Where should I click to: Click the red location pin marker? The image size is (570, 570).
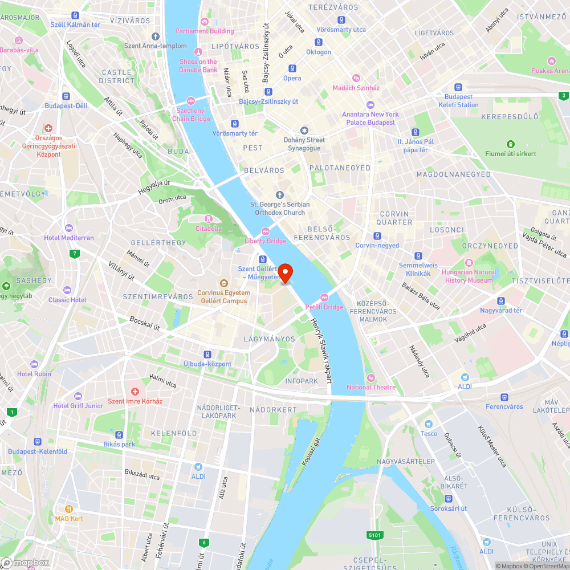tap(284, 272)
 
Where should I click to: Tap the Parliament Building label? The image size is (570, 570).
tap(204, 31)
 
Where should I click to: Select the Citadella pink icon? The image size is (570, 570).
tap(209, 219)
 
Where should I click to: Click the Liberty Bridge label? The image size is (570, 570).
tap(266, 241)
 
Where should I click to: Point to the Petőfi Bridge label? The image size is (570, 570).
tap(325, 307)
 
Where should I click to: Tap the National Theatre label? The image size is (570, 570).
tap(371, 387)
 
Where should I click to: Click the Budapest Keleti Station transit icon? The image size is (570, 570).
tap(458, 88)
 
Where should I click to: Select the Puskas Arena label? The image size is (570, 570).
tap(549, 71)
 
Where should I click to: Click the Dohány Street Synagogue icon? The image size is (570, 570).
tap(304, 131)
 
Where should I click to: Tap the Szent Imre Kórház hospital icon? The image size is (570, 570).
tap(135, 392)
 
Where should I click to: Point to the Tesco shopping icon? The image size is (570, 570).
tap(429, 424)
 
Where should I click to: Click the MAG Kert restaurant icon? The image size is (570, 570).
tap(69, 509)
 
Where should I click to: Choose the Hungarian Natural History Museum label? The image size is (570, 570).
tap(469, 276)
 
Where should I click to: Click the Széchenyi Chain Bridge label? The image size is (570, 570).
tap(193, 115)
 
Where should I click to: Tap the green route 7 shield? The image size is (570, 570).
tap(74, 253)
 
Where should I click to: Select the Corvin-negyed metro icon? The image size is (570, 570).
tap(377, 236)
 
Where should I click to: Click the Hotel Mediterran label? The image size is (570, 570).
tap(69, 238)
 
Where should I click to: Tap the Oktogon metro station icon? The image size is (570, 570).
tap(319, 42)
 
